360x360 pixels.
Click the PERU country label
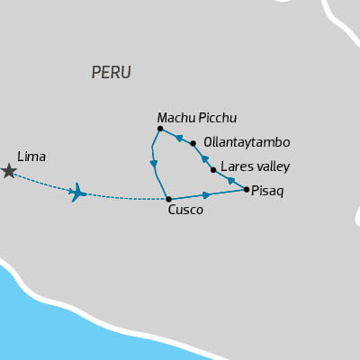pos(112,73)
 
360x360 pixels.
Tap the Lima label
pos(31,157)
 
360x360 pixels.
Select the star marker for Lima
pos(9,171)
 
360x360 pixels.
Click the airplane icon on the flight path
pos(78,192)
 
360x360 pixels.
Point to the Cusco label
pos(185,211)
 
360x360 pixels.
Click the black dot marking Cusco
pos(168,199)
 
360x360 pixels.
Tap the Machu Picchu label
pos(197,118)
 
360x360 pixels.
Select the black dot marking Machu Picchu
pos(159,129)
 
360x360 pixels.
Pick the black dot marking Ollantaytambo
pos(193,142)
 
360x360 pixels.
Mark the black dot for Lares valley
pos(213,169)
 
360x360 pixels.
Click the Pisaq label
pos(268,191)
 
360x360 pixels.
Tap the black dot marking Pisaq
pos(247,189)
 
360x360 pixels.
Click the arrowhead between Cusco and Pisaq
pos(207,194)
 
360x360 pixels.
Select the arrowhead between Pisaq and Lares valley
pos(231,181)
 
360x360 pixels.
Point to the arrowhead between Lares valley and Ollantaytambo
pos(204,157)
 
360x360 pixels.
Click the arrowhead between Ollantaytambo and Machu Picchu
pos(179,138)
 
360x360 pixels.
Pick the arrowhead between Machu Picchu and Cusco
pos(154,164)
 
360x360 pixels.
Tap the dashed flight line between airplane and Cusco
pos(126,198)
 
